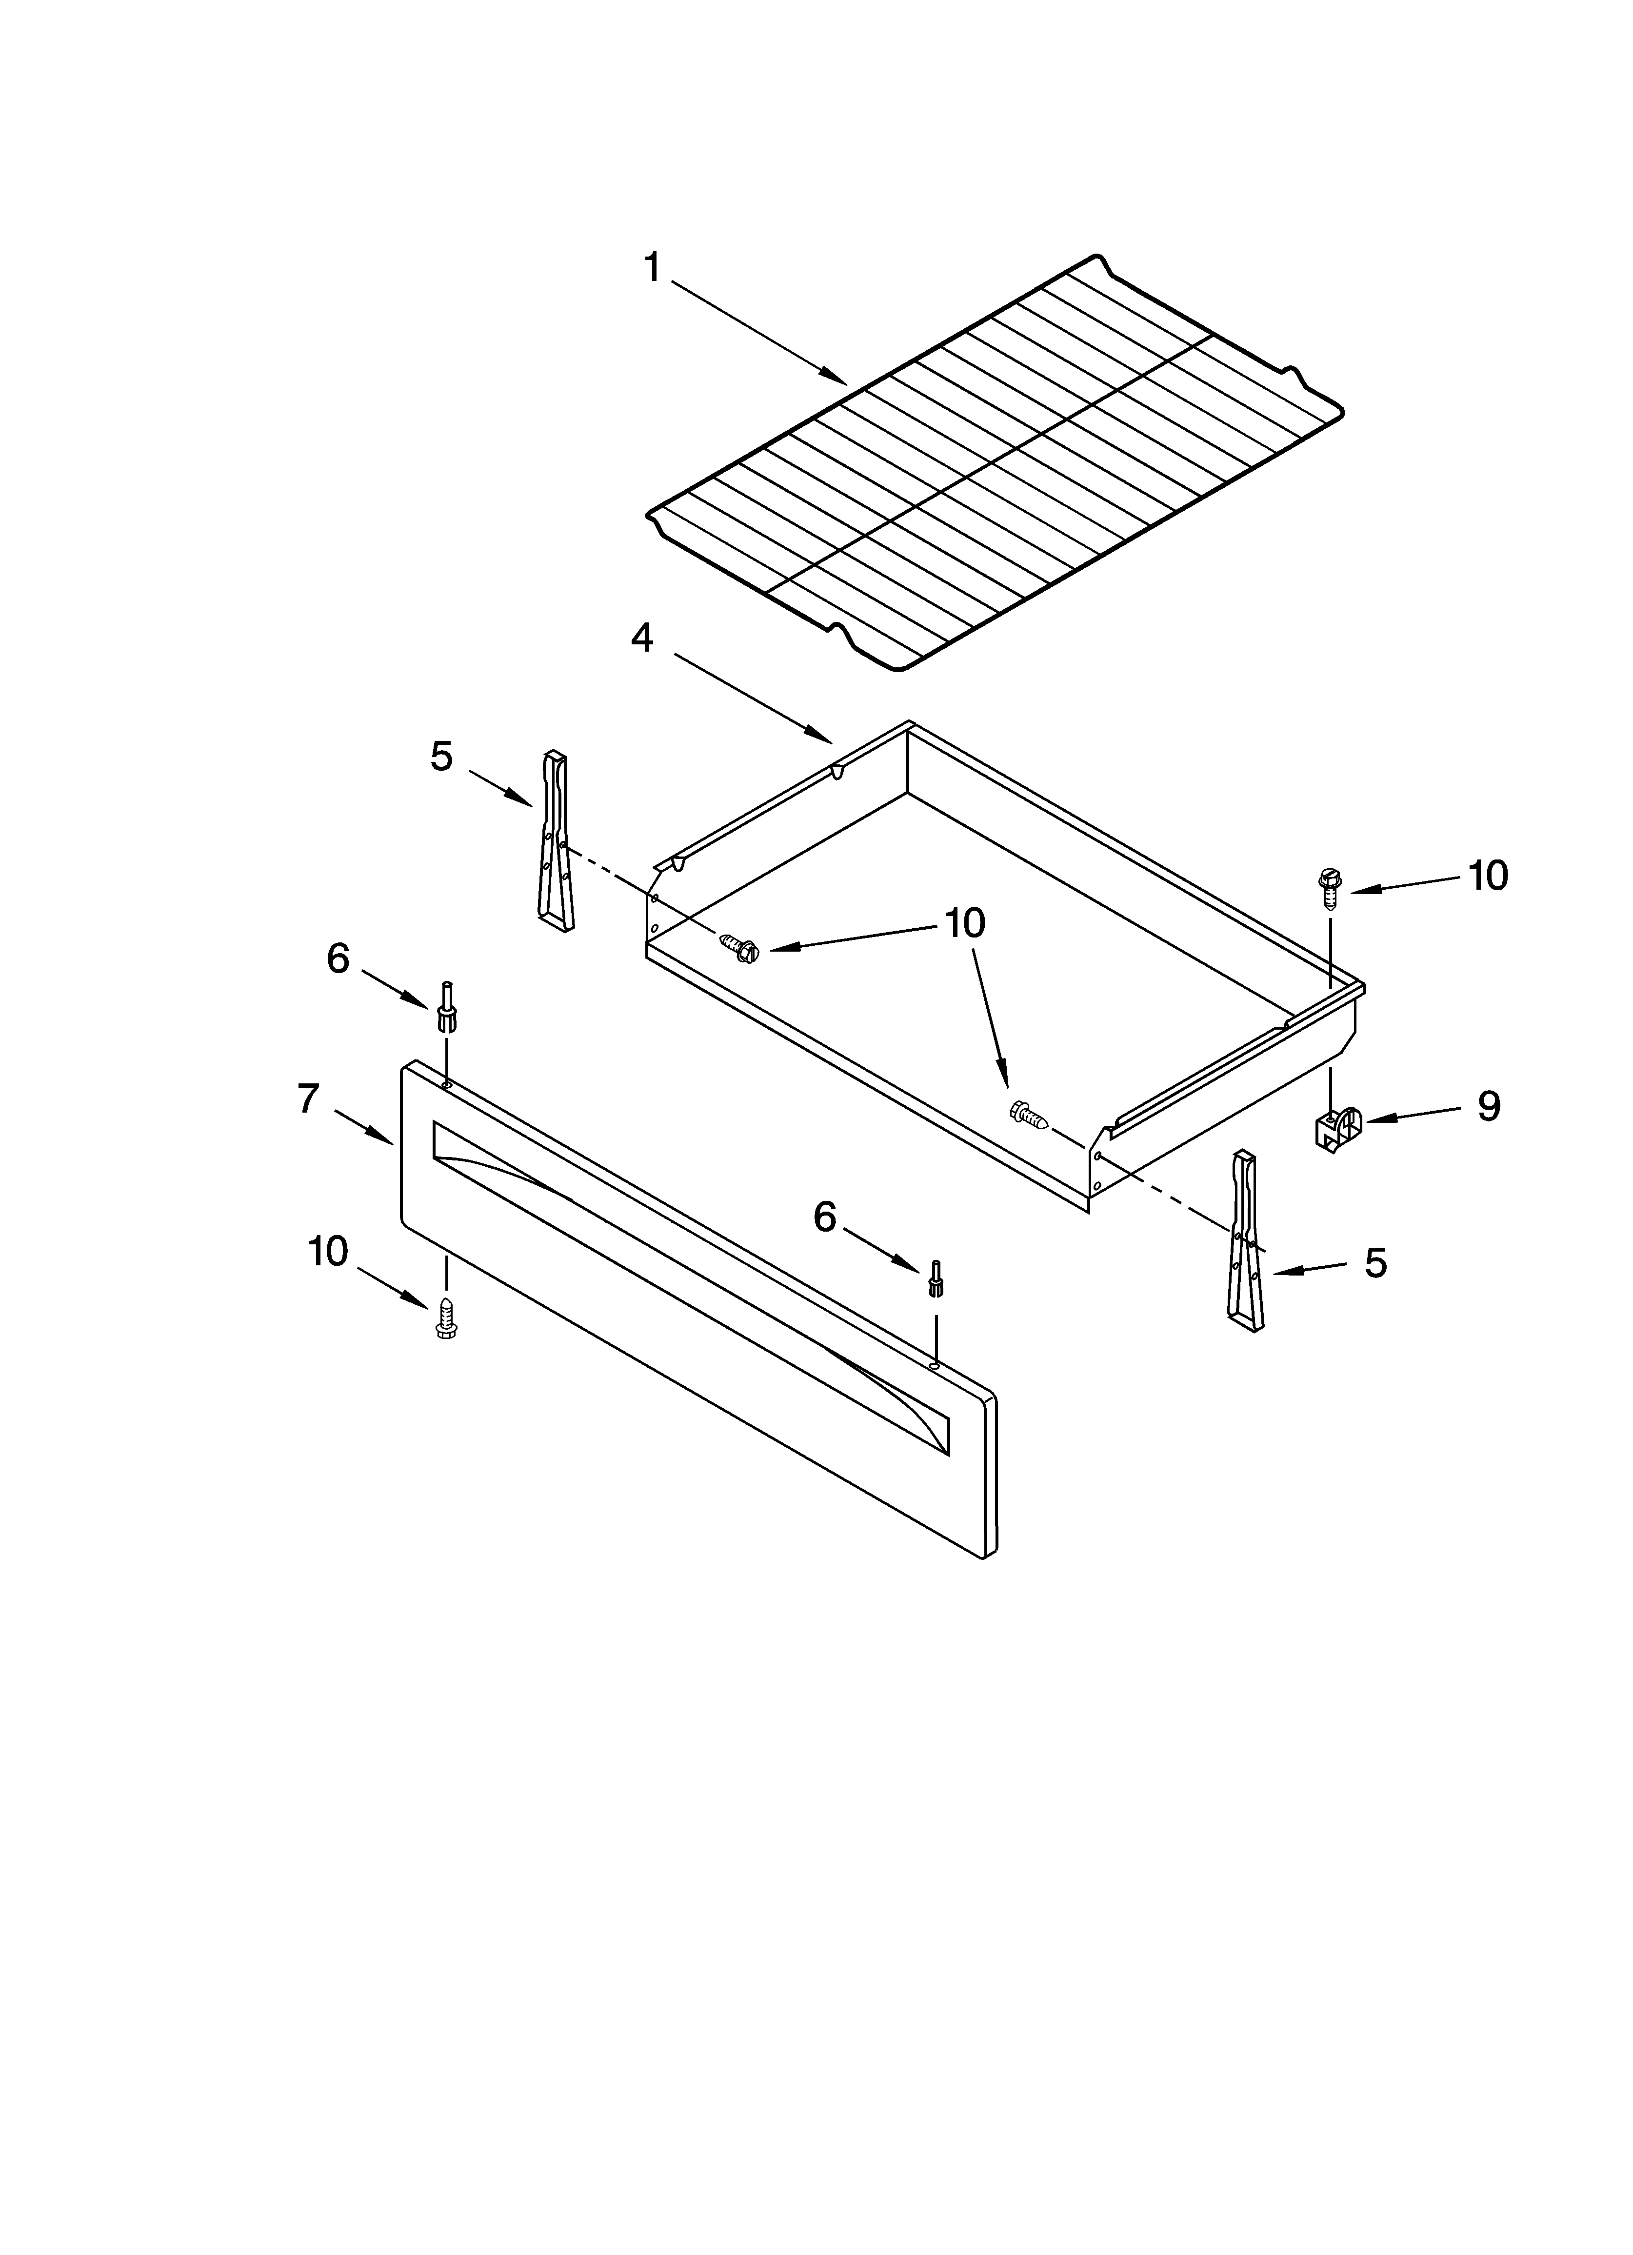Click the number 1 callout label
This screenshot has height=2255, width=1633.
click(653, 266)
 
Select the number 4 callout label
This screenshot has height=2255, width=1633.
click(642, 638)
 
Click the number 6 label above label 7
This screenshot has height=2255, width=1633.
click(338, 958)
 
